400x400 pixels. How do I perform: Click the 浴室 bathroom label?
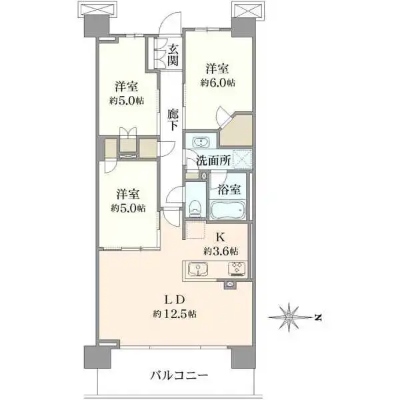click(x=230, y=189)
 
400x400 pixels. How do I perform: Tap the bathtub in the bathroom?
click(x=229, y=211)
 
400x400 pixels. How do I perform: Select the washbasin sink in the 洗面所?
click(x=199, y=141)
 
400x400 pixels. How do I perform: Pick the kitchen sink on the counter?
click(x=197, y=269)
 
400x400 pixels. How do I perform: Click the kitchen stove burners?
click(x=237, y=269)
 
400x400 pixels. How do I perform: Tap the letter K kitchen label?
click(x=219, y=235)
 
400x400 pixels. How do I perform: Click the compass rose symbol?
click(x=289, y=317)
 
